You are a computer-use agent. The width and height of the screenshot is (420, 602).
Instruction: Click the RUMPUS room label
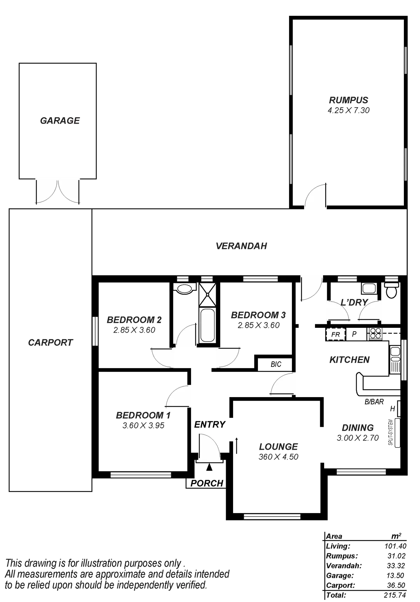click(x=348, y=100)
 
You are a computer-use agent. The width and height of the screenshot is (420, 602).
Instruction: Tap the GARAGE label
click(x=60, y=121)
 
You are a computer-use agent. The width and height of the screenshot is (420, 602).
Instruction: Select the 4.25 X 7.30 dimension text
click(x=348, y=110)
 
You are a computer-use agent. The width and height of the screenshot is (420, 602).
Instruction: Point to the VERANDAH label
click(x=241, y=246)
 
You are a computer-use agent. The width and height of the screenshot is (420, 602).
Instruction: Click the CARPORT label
click(x=50, y=342)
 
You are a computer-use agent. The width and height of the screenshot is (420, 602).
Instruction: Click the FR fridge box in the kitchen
click(x=336, y=334)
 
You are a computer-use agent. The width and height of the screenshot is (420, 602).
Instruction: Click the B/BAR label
click(x=374, y=402)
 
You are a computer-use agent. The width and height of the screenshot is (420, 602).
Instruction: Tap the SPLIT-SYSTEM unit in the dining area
click(x=397, y=433)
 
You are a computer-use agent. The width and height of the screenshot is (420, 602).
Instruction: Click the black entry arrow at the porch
click(x=209, y=466)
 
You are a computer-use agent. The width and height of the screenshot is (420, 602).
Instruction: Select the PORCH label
click(x=207, y=483)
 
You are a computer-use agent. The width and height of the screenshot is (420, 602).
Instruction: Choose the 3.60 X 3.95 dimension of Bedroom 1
click(x=143, y=425)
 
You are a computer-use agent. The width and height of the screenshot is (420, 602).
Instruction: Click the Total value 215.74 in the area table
click(x=395, y=595)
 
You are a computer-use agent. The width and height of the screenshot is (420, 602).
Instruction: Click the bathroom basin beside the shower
click(x=184, y=289)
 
